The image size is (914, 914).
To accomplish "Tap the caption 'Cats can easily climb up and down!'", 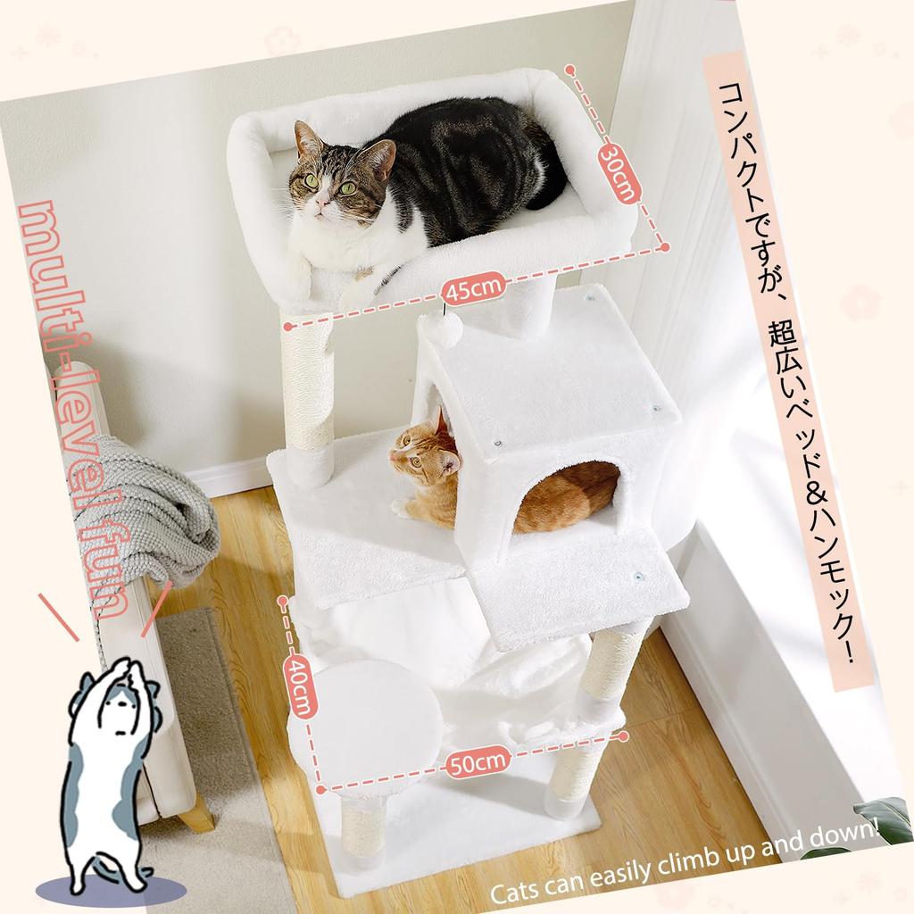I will [687, 865].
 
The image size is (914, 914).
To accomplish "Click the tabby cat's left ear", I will [308, 138].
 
